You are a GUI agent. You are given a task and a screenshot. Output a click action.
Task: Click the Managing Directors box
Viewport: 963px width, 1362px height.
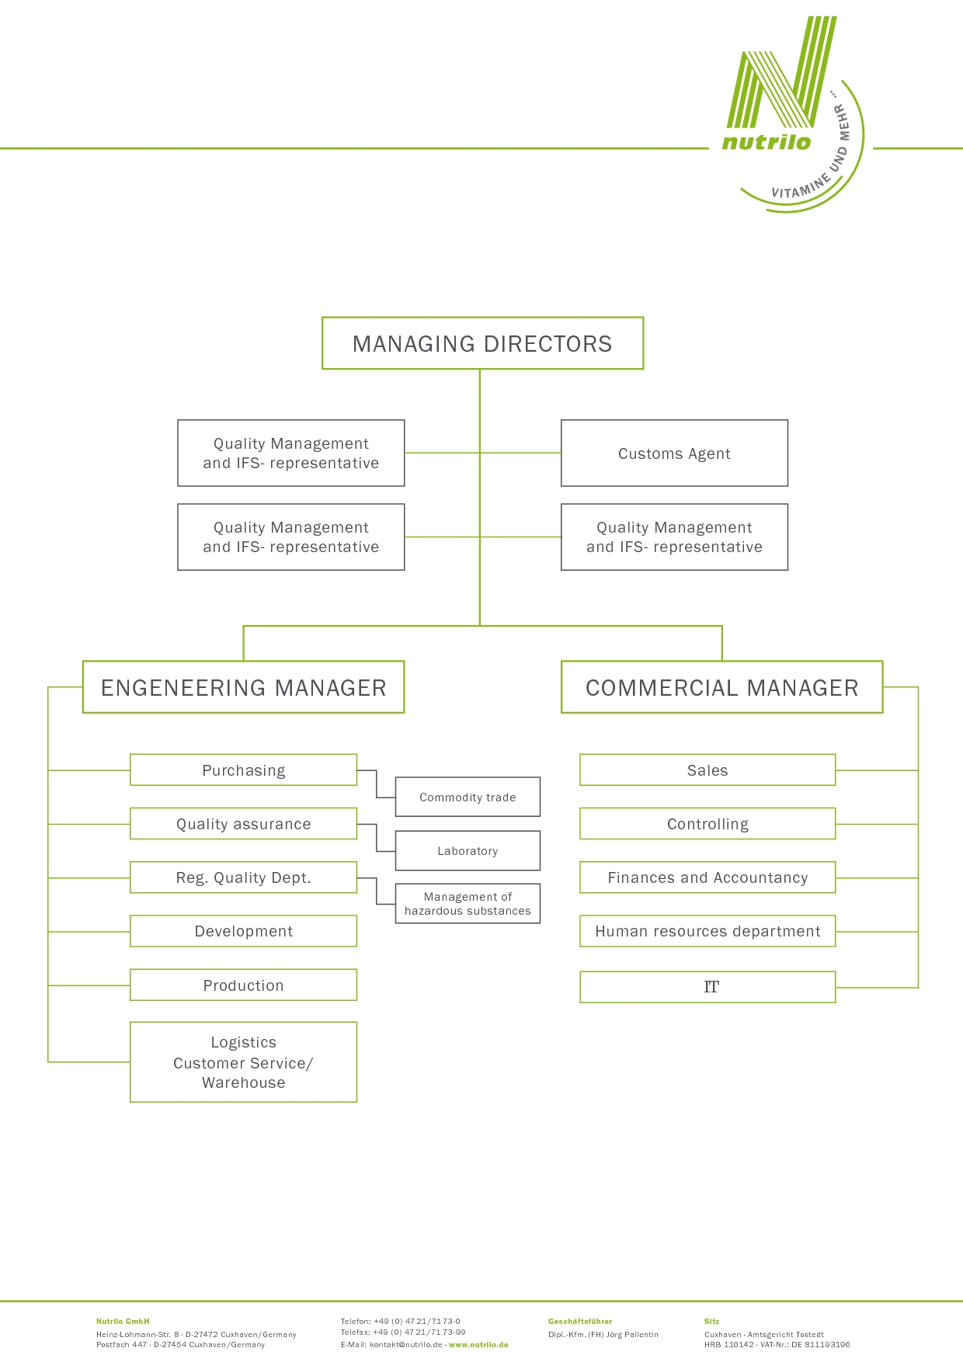pos(482,343)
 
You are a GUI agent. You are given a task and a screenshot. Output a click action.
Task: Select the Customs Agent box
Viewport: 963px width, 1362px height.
pos(674,453)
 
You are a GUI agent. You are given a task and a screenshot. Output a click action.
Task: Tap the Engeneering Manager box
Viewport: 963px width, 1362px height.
pos(243,687)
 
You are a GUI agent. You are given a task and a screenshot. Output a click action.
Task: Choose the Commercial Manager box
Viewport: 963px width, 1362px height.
pos(721,687)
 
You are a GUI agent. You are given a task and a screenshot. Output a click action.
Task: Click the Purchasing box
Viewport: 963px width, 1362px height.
pos(243,770)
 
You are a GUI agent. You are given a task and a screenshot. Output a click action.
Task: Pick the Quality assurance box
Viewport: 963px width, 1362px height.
pos(243,824)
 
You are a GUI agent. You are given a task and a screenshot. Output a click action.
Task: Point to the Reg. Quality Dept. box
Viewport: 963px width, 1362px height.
pos(243,877)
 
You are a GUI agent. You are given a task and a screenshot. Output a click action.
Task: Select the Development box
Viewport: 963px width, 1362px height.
pos(243,931)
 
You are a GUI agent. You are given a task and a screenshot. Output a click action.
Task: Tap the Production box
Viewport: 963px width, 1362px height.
pos(243,985)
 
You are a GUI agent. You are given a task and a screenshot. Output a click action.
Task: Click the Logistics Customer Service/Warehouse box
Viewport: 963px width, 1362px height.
pos(243,1062)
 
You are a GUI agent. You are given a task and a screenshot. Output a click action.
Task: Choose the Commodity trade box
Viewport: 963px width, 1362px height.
pos(468,797)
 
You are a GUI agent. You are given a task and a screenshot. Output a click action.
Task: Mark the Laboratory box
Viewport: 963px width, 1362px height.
pos(468,851)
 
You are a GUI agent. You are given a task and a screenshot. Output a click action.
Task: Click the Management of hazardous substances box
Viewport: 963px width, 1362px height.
pos(468,904)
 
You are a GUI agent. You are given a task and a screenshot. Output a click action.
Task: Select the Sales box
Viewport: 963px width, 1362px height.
pos(707,770)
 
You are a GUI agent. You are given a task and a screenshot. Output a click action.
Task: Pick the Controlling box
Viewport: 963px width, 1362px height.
pos(707,824)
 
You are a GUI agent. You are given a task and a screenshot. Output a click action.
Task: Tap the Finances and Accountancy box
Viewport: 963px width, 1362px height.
pos(707,877)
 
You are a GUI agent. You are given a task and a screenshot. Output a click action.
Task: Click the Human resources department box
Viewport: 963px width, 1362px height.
pos(707,931)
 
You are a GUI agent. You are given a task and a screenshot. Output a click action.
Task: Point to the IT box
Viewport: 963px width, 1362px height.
pos(707,987)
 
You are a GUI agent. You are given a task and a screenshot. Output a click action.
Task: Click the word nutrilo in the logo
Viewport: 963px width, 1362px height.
pos(766,142)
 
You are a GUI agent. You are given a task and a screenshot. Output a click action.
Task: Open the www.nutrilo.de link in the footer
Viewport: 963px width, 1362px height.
pos(478,1344)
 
